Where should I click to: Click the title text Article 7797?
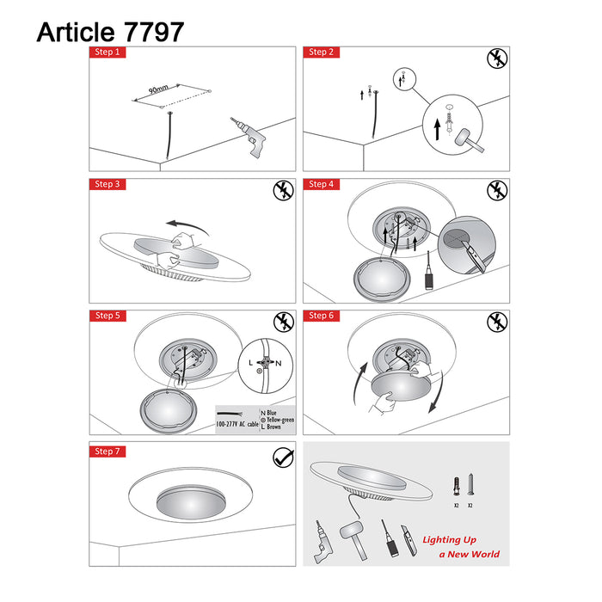pos(109,32)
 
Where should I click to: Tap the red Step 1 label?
pos(107,52)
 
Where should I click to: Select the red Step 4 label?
pos(322,184)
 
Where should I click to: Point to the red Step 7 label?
pos(107,451)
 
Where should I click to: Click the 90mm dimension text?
pos(158,89)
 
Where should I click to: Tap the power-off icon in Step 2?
pos(496,59)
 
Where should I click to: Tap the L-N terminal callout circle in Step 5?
pos(267,364)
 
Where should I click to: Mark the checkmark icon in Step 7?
pos(281,458)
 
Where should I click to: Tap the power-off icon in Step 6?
pos(496,322)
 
